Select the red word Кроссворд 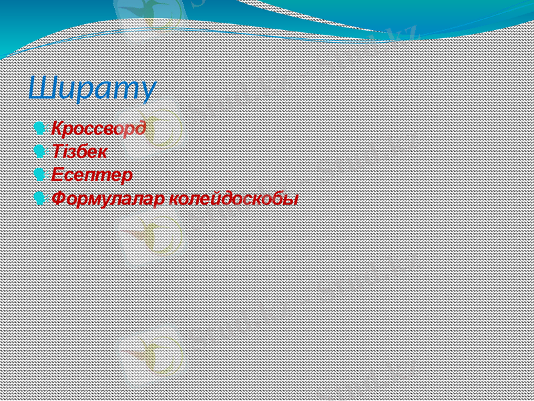pos(99,128)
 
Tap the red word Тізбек pos(79,152)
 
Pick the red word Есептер pos(91,175)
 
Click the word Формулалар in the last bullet pos(108,198)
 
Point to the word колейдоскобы pos(234,198)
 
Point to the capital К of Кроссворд pos(58,128)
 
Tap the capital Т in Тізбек pos(57,152)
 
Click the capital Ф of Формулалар pos(59,198)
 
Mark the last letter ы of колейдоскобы pos(291,199)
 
